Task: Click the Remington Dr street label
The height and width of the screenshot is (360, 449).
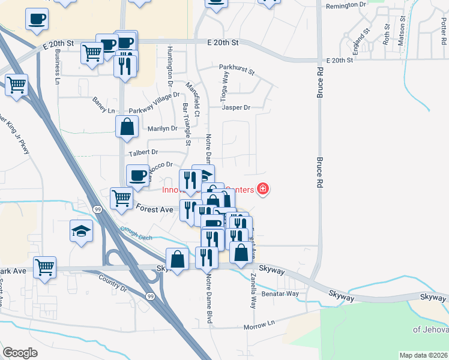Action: pos(346,6)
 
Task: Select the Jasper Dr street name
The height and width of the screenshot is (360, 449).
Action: pos(235,108)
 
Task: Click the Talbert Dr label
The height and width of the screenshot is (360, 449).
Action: pos(142,152)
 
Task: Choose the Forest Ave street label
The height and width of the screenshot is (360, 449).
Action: pos(154,209)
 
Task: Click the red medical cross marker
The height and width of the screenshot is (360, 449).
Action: pos(262,190)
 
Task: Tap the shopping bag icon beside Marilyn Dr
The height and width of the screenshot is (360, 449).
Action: pos(127,127)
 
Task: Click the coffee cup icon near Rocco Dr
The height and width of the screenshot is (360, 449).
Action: pos(138,175)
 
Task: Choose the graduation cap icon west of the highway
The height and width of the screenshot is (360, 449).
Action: pos(80,230)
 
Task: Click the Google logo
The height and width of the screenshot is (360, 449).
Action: pos(20,353)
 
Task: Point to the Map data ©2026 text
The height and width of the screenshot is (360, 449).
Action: pos(424,355)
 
